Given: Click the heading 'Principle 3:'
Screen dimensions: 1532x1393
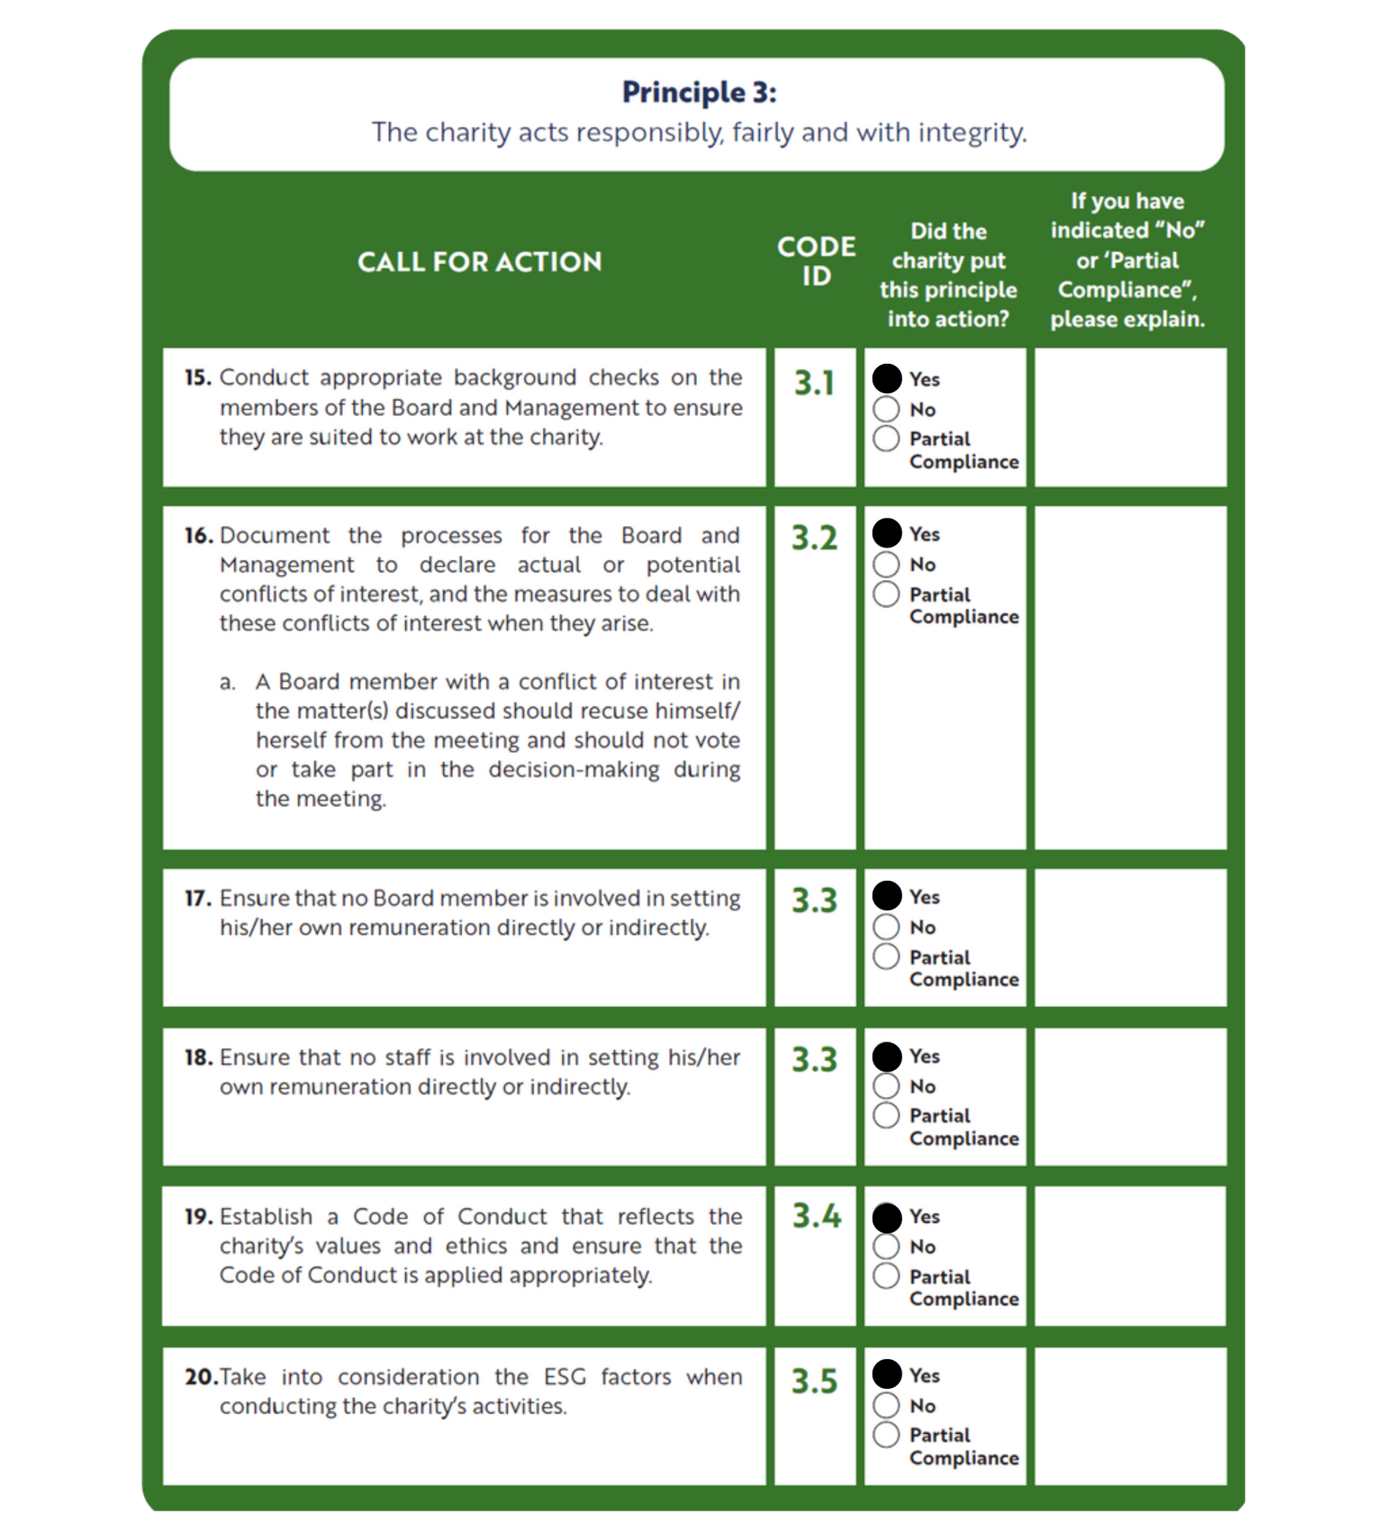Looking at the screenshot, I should tap(699, 93).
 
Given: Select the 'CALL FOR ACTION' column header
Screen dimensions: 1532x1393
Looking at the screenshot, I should tap(479, 262).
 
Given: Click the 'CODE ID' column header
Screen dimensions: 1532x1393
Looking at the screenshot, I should tap(816, 262).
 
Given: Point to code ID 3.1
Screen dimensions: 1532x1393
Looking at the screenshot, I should tap(815, 383).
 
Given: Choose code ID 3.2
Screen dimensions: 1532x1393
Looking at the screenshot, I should tap(815, 538).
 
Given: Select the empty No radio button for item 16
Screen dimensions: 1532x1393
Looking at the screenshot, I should tap(886, 564).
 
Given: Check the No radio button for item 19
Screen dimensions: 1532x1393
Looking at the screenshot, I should tap(886, 1247).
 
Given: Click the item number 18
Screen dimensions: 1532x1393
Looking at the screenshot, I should tap(198, 1057).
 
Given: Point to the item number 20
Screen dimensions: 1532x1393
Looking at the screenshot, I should tap(201, 1377).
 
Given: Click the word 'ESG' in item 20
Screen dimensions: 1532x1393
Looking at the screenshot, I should tap(565, 1377).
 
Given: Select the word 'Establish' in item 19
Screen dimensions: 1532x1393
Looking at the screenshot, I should tap(266, 1217).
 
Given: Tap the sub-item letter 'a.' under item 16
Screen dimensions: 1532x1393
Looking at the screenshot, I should tap(227, 682).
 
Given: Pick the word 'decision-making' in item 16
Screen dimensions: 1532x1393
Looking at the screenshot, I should tap(573, 770).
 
